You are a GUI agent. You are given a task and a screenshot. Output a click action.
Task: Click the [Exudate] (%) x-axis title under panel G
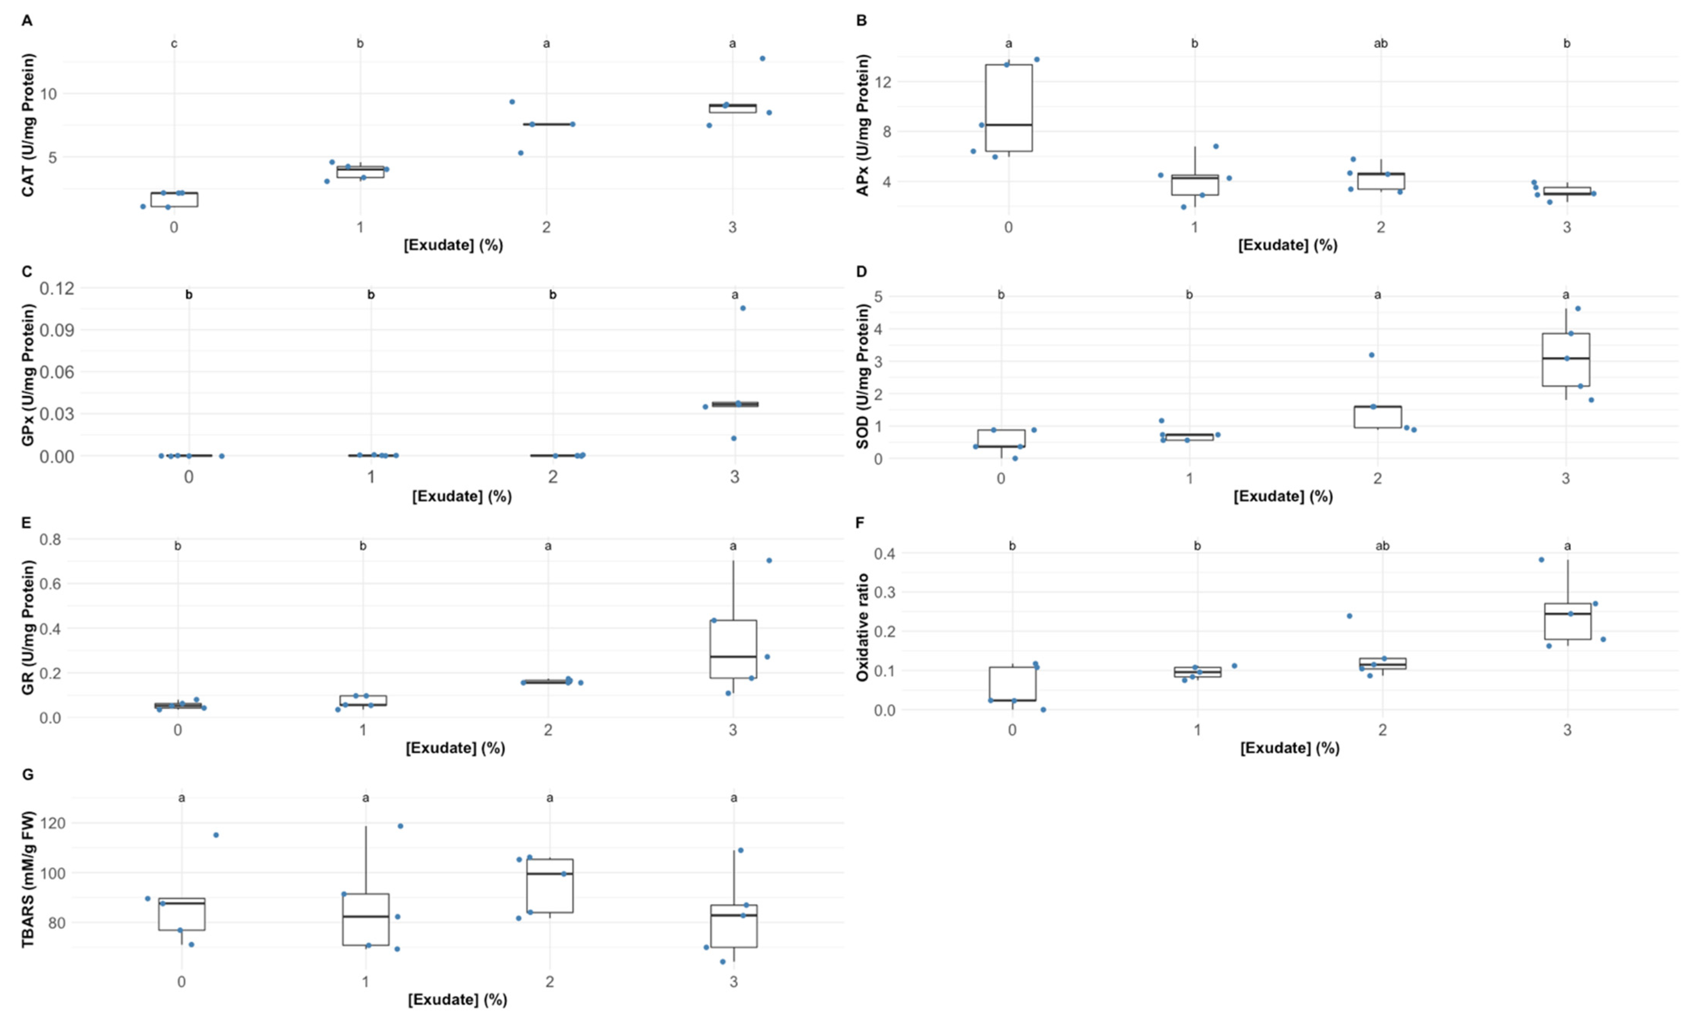[x=457, y=1000]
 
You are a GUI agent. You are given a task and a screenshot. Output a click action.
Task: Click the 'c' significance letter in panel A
[x=174, y=44]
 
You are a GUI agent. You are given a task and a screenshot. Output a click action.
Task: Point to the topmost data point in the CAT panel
[x=762, y=58]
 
